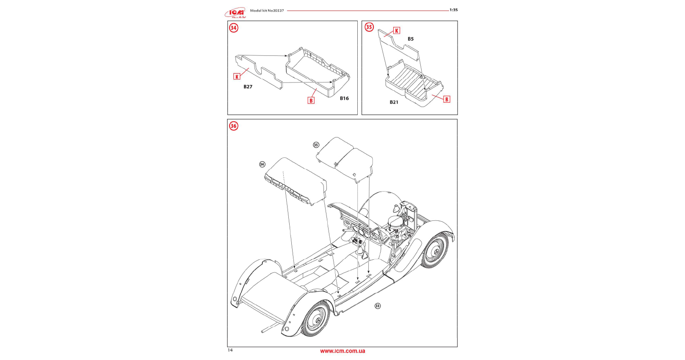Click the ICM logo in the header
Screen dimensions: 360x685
(x=235, y=13)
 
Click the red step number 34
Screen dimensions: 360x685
(x=234, y=28)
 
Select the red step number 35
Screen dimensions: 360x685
(x=369, y=27)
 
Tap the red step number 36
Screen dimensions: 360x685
(x=233, y=126)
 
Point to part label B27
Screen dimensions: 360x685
(x=248, y=87)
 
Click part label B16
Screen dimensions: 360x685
(x=344, y=98)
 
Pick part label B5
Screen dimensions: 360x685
(x=411, y=39)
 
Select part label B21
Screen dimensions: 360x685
(x=394, y=102)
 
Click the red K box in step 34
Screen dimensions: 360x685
(x=237, y=77)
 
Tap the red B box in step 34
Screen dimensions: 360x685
(x=311, y=101)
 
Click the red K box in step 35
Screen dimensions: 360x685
(x=397, y=30)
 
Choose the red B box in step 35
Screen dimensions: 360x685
(x=447, y=99)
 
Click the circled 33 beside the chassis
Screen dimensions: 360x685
(x=378, y=306)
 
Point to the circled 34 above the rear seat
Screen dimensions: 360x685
(x=262, y=164)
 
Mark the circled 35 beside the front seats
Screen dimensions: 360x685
(x=316, y=145)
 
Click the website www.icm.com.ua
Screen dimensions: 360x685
(x=342, y=351)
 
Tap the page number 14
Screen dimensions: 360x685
(x=230, y=350)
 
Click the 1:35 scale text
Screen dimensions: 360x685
(x=453, y=10)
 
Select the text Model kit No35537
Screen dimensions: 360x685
(x=267, y=11)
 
